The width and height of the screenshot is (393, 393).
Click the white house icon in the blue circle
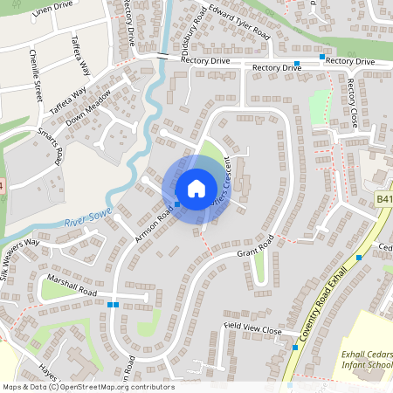click(x=196, y=187)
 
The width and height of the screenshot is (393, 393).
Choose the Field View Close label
click(x=252, y=330)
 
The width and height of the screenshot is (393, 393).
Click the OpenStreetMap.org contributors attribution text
click(x=118, y=387)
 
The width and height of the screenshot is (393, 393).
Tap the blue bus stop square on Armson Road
click(x=177, y=204)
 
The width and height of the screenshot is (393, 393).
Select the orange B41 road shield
click(x=385, y=200)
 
